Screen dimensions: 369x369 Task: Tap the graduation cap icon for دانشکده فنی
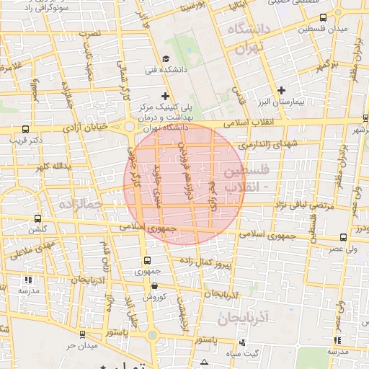pyautogui.click(x=166, y=60)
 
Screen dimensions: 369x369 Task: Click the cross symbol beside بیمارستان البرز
pyautogui.click(x=281, y=90)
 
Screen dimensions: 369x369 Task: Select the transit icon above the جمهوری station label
pyautogui.click(x=147, y=260)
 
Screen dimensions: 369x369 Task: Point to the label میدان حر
pyautogui.click(x=81, y=346)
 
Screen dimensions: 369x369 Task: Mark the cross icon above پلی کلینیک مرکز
pyautogui.click(x=166, y=95)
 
